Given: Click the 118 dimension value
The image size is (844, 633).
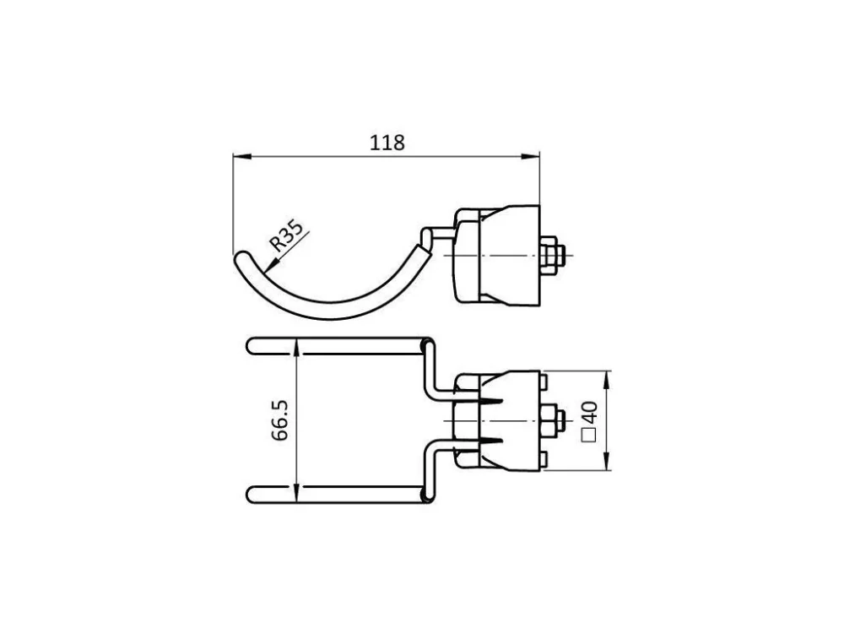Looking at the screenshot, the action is (x=387, y=143).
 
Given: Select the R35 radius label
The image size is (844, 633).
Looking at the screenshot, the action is (x=285, y=235).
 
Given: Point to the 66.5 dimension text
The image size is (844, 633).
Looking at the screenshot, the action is (x=280, y=420).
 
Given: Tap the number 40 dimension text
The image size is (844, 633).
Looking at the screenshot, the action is (x=591, y=412).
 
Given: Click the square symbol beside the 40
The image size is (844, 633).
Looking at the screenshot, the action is (x=591, y=436).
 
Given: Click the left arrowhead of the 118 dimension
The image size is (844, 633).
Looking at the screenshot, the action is (x=242, y=157).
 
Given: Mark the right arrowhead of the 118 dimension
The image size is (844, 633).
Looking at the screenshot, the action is (x=530, y=157).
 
